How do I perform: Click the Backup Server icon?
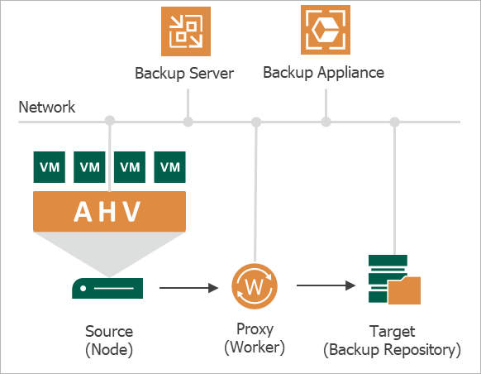pyautogui.click(x=186, y=31)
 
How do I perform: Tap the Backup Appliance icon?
pyautogui.click(x=326, y=30)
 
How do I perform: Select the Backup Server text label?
pyautogui.click(x=184, y=74)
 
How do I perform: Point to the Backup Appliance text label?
pyautogui.click(x=324, y=73)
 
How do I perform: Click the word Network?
pyautogui.click(x=46, y=108)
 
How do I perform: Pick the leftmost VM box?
pyautogui.click(x=50, y=167)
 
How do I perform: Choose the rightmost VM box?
pyautogui.click(x=169, y=167)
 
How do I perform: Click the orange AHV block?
pyautogui.click(x=110, y=211)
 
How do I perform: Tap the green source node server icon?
pyautogui.click(x=107, y=288)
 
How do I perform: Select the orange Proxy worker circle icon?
pyautogui.click(x=255, y=286)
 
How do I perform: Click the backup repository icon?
pyautogui.click(x=394, y=280)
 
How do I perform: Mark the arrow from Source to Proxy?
pyautogui.click(x=189, y=288)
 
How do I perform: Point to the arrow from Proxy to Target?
pyautogui.click(x=326, y=285)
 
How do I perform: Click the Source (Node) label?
pyautogui.click(x=109, y=341)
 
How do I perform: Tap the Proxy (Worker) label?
pyautogui.click(x=255, y=338)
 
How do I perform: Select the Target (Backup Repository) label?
pyautogui.click(x=393, y=341)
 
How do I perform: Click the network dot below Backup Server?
pyautogui.click(x=188, y=122)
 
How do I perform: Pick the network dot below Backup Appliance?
pyautogui.click(x=326, y=122)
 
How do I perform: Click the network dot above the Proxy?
pyautogui.click(x=256, y=122)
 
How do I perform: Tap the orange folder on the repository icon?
pyautogui.click(x=404, y=290)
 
